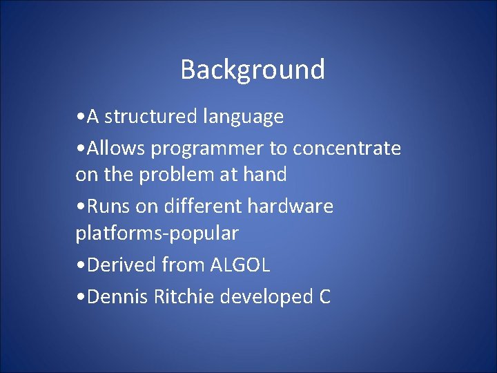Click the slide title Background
(x=253, y=70)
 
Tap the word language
(x=243, y=117)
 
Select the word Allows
(x=115, y=148)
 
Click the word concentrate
(x=347, y=149)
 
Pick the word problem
(x=177, y=175)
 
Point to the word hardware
(x=291, y=206)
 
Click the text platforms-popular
(x=157, y=233)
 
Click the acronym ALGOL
(x=240, y=265)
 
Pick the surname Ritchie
(x=184, y=296)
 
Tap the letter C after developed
(x=324, y=296)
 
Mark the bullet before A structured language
(x=81, y=117)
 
